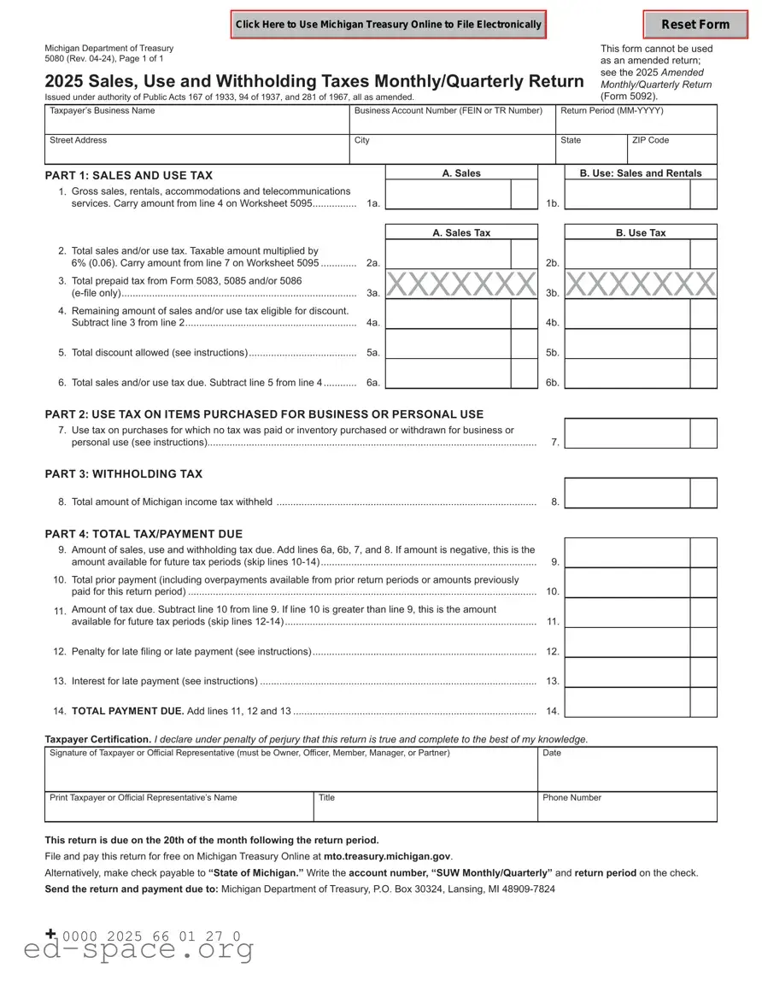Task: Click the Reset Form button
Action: coord(695,25)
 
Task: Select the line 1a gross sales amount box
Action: coord(448,195)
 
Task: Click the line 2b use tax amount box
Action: coord(628,255)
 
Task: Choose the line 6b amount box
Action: coord(628,374)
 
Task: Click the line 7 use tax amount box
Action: coord(628,434)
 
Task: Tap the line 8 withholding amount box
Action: coord(628,494)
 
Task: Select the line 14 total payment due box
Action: coord(628,703)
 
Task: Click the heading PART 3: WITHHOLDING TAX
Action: coord(124,474)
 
